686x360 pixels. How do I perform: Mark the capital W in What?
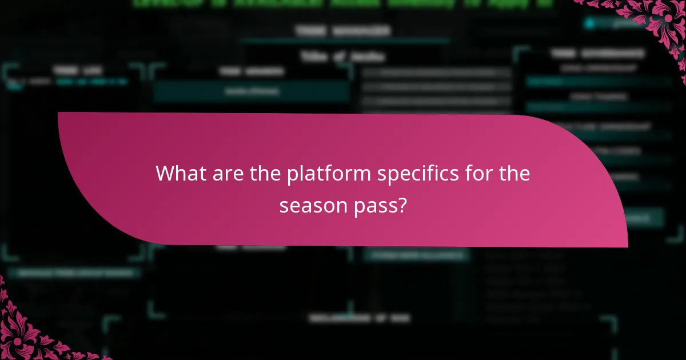coord(166,173)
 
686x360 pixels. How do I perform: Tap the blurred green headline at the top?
coord(343,3)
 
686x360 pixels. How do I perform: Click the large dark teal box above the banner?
coord(252,91)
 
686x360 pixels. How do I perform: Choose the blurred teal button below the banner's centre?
coord(416,255)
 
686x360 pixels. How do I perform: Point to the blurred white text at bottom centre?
coord(359,318)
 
